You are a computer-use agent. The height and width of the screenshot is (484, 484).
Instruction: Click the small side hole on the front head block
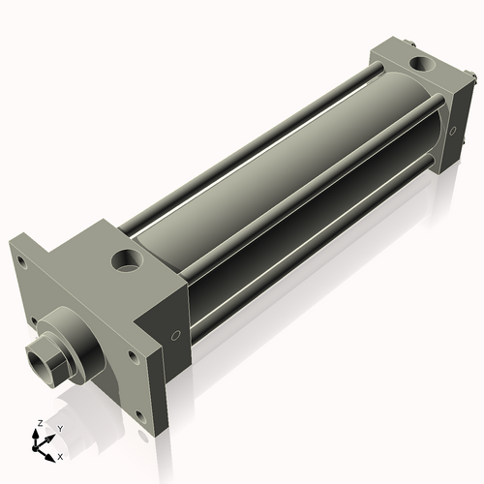point(175,336)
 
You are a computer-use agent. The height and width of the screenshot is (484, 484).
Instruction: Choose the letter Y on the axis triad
point(59,428)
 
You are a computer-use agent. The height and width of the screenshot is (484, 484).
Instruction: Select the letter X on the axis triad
point(60,455)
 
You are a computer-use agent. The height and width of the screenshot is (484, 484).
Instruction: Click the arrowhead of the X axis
point(51,452)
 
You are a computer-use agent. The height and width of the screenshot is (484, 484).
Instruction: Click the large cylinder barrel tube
point(290,165)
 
